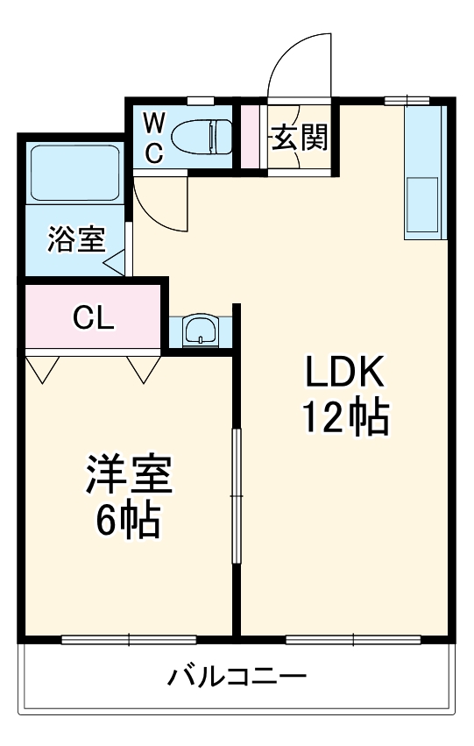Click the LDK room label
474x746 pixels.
(x=344, y=372)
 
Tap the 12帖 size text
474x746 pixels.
(x=346, y=418)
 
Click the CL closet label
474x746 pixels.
(x=93, y=317)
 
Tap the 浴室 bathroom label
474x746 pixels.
(x=76, y=238)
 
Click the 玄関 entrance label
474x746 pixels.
(x=300, y=138)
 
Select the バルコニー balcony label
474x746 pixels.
(x=237, y=676)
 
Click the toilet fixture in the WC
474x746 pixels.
(x=202, y=137)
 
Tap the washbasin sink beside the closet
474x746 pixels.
(x=201, y=329)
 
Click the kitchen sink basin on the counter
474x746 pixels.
(x=421, y=205)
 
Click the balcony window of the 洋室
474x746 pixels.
(x=129, y=640)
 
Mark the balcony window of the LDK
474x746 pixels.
(x=354, y=640)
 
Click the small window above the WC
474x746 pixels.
(x=200, y=101)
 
